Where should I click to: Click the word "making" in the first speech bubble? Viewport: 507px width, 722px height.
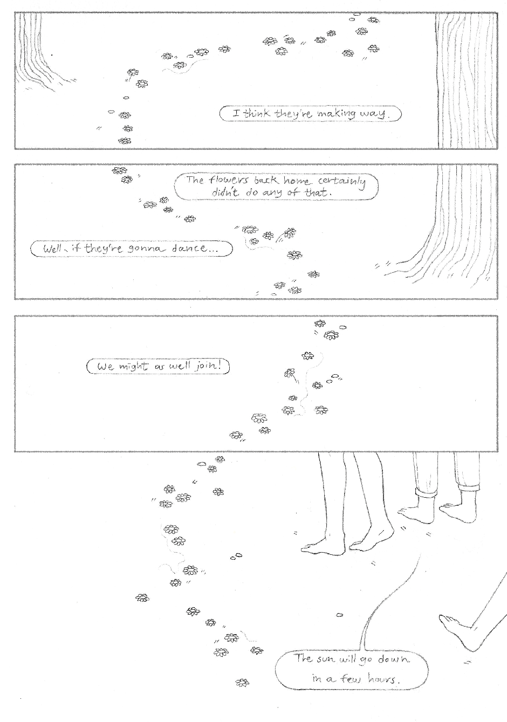click(336, 114)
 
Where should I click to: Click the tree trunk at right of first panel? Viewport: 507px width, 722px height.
click(467, 80)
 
